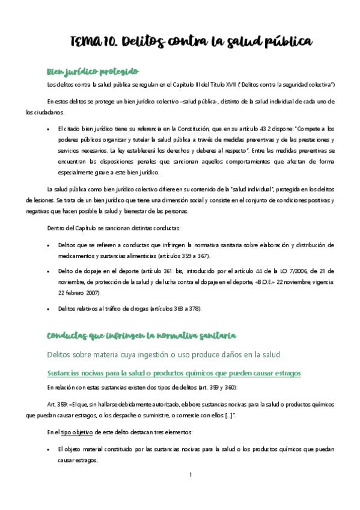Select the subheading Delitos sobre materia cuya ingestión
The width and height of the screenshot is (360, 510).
tap(180, 355)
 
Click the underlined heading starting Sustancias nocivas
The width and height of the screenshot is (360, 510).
tap(174, 373)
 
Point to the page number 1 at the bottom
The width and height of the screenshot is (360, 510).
tap(190, 475)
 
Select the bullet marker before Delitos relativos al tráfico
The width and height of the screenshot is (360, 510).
tap(48, 309)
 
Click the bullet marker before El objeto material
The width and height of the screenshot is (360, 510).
tap(48, 449)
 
